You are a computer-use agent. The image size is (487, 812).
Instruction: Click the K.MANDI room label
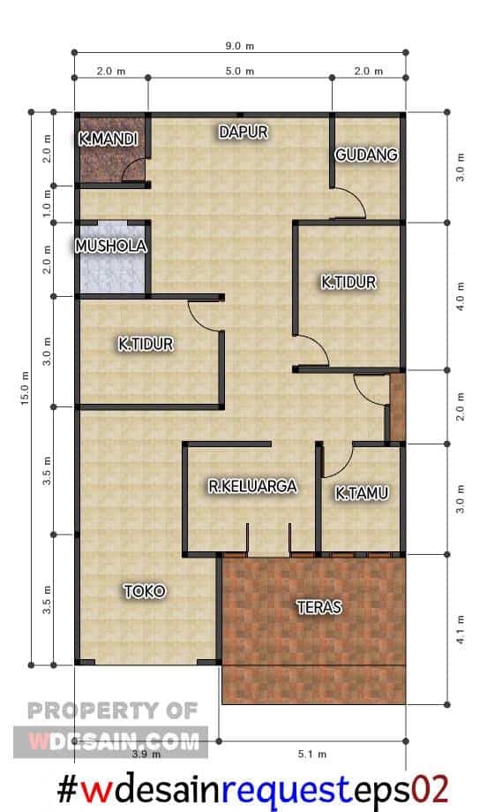(108, 139)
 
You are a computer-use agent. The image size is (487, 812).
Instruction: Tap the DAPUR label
(243, 132)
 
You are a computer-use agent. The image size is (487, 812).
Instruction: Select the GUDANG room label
(366, 155)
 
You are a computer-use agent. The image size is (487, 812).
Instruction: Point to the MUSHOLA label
(110, 246)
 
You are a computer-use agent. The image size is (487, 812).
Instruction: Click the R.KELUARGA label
(253, 486)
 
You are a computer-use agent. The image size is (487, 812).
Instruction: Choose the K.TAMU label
(362, 493)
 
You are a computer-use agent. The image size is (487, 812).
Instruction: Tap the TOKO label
(145, 591)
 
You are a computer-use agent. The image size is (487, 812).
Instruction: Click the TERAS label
(319, 607)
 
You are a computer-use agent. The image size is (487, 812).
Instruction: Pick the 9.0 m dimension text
(239, 46)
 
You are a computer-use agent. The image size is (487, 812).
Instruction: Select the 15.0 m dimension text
(25, 389)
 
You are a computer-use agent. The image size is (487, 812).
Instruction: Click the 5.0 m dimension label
(239, 71)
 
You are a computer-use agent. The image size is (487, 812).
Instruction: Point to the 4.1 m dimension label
(461, 630)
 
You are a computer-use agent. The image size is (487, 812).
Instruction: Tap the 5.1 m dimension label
(312, 754)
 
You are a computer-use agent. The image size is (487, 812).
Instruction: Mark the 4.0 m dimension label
(461, 296)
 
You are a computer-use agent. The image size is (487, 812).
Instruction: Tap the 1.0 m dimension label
(47, 203)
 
